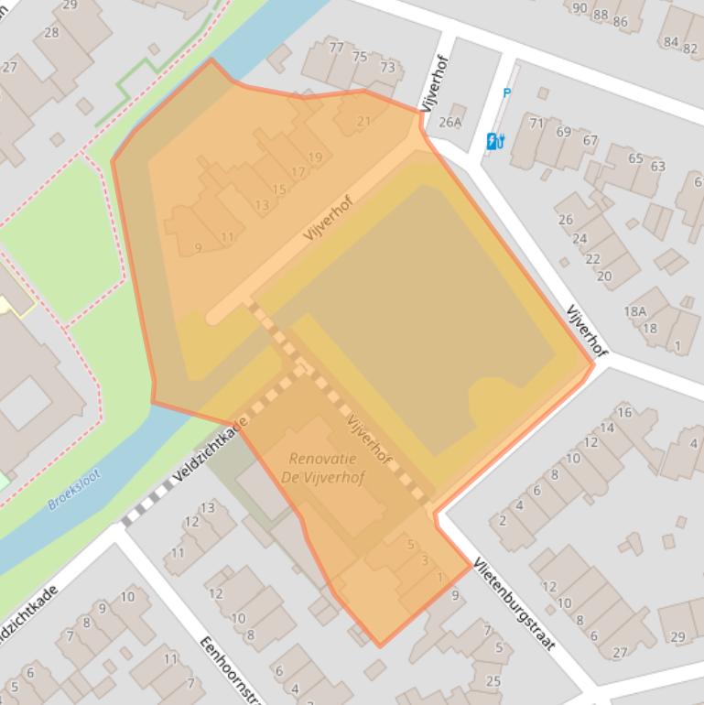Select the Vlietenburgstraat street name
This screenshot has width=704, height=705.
click(x=514, y=603)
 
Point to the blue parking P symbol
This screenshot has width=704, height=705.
click(x=506, y=92)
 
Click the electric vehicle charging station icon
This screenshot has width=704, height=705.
click(x=495, y=140)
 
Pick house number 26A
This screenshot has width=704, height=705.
click(x=450, y=122)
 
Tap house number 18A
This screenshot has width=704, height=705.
click(x=634, y=311)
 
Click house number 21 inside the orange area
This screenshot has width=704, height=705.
click(x=363, y=121)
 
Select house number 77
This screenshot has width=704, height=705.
click(x=336, y=48)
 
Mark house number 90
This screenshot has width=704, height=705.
click(x=579, y=8)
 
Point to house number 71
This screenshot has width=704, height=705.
click(x=536, y=123)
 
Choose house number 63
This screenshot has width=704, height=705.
click(x=657, y=166)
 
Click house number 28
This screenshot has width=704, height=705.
click(x=51, y=33)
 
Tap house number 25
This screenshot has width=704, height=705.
click(x=493, y=680)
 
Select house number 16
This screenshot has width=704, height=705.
click(x=624, y=412)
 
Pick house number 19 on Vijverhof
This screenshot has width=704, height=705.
click(x=315, y=157)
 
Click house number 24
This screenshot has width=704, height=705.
click(x=579, y=239)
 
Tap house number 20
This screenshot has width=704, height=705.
click(x=604, y=275)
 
